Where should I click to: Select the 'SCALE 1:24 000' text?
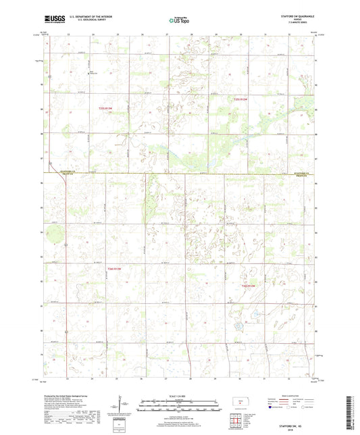(180, 395)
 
